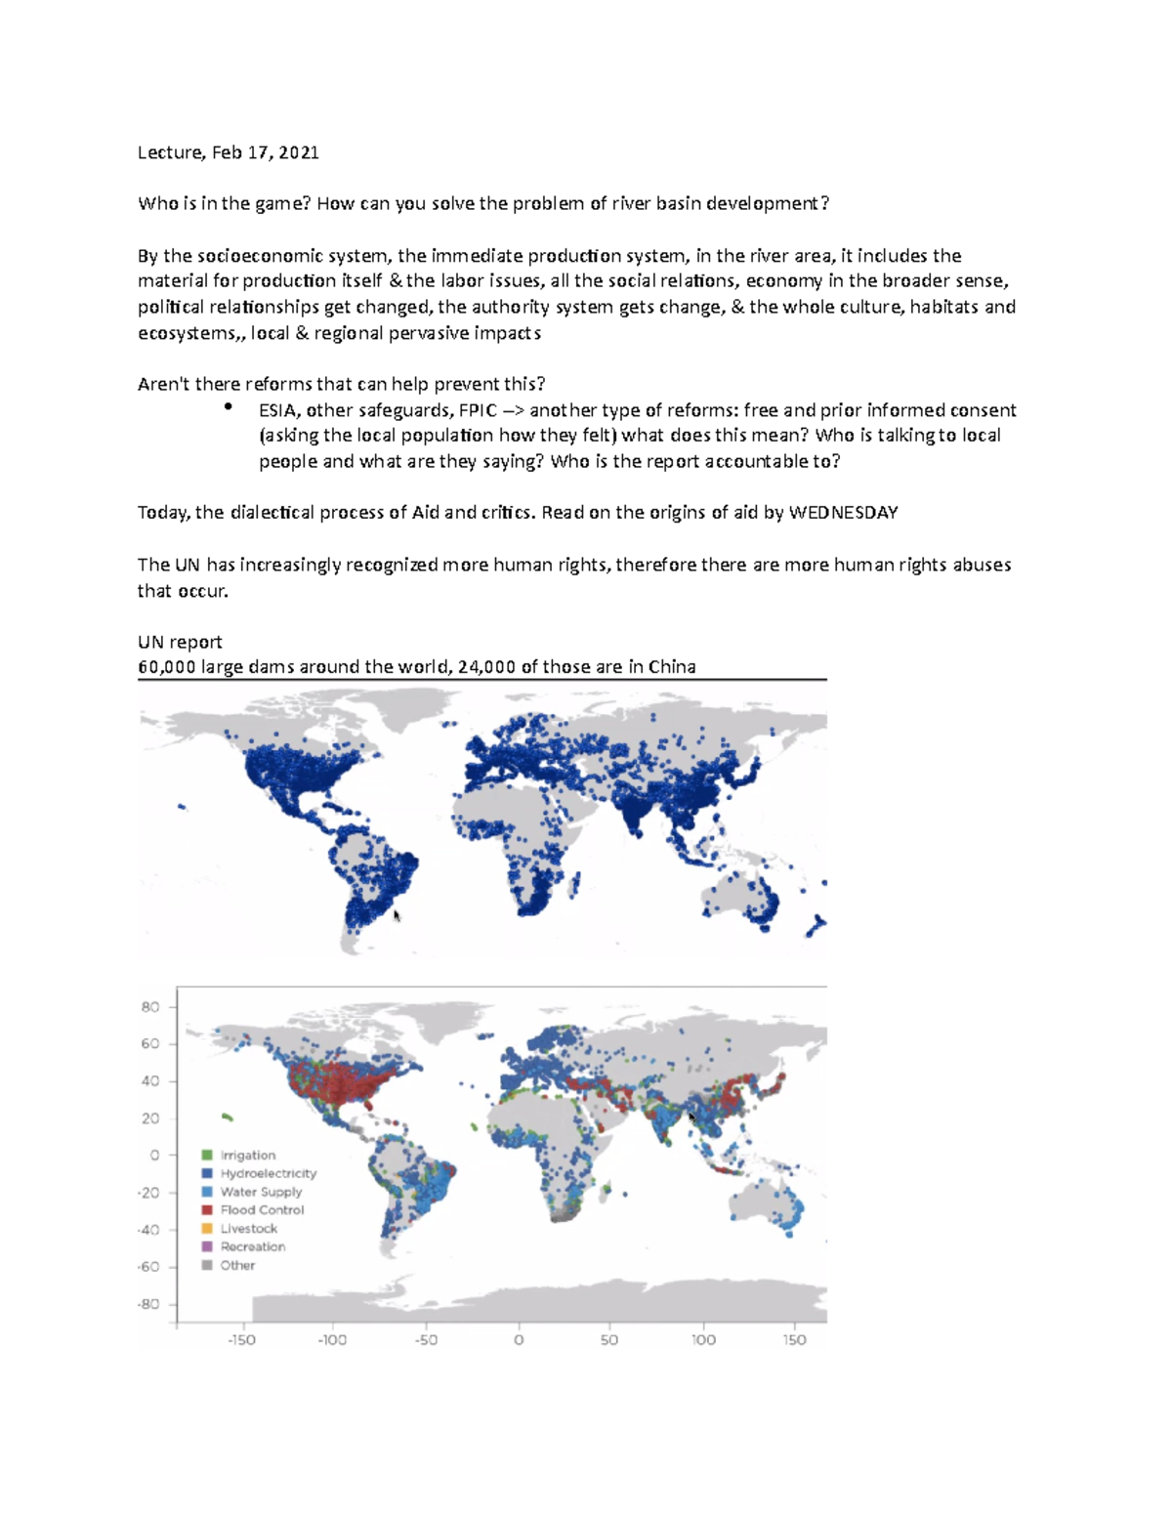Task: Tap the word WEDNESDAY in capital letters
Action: pos(843,513)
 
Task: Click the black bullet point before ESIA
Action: pos(228,406)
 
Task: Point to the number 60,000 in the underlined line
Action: pos(167,667)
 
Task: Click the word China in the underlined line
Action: pos(672,667)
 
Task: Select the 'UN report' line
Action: pos(180,642)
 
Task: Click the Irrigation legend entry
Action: pos(247,1156)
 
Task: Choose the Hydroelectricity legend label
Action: pos(268,1173)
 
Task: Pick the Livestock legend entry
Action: pos(248,1229)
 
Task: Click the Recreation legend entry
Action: pos(252,1247)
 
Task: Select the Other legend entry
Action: pos(236,1266)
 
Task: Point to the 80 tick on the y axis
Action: pos(150,1007)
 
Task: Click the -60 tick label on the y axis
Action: pos(148,1267)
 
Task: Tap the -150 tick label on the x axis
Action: pos(241,1340)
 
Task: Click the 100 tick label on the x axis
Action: pos(703,1340)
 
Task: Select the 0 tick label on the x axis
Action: pos(519,1340)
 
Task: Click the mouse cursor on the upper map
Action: pos(397,915)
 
